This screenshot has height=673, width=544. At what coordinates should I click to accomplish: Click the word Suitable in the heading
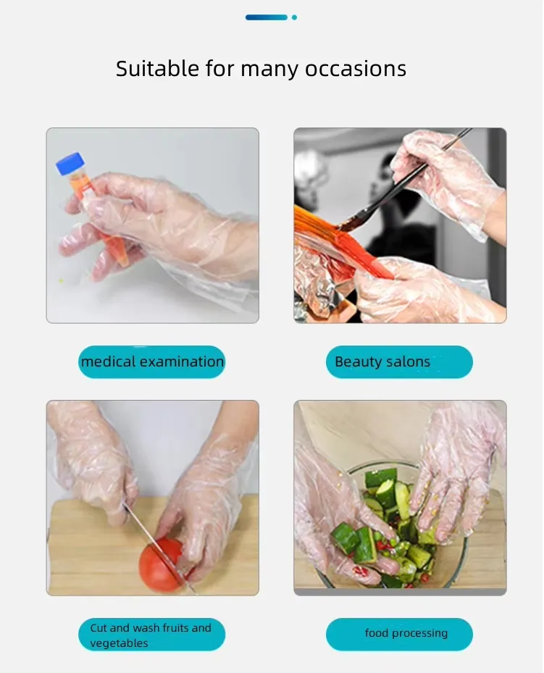point(157,69)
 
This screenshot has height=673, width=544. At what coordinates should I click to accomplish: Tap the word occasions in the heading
point(355,69)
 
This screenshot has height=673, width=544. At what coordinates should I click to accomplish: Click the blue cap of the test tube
point(70,163)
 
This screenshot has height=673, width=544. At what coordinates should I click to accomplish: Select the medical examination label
point(152,361)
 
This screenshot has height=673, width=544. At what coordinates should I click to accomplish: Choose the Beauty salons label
point(399,361)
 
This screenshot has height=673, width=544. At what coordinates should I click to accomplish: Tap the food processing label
point(399,635)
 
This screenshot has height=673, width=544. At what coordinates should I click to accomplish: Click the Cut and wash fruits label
point(152,635)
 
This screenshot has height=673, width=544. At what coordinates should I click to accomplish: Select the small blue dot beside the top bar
point(294,17)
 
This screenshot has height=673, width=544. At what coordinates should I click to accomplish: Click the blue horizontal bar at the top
point(267,17)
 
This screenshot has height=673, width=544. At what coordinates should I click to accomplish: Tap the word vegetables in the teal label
point(119,643)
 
